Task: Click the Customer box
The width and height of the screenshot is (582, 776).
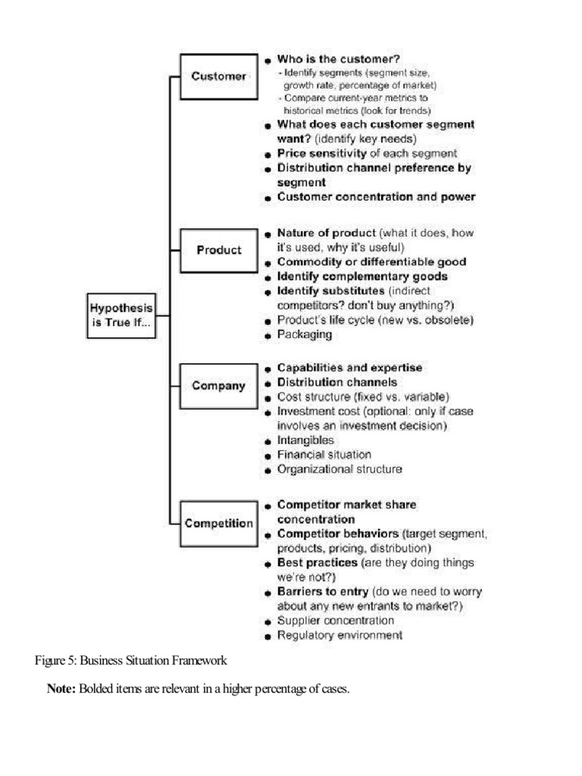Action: pos(218,77)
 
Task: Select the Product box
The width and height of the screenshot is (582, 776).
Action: pos(218,250)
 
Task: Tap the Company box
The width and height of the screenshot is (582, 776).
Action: pos(218,386)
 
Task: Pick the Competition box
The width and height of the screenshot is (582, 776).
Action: pos(218,523)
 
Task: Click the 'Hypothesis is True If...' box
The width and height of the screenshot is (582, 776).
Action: pos(121,315)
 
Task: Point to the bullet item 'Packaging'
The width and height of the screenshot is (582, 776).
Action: pos(304,334)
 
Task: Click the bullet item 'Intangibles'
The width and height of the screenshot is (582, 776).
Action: pos(305,440)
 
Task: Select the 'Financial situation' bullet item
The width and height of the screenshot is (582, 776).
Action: pos(324,455)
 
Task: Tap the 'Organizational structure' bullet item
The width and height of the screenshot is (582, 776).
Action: pos(339,469)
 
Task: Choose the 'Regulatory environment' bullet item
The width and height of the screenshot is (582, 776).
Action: pos(339,635)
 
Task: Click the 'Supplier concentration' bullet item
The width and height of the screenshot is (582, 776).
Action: pos(335,621)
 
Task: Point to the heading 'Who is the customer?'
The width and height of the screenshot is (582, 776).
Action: pos(338,59)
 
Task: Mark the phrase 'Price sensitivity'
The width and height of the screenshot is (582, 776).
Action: pos(322,153)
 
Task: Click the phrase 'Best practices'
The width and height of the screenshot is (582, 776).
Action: pos(318,563)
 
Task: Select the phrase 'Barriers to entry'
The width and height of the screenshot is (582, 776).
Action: pos(323,592)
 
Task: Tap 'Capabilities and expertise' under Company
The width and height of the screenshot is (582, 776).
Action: pos(349,368)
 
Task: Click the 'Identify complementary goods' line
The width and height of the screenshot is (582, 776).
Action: pos(361,277)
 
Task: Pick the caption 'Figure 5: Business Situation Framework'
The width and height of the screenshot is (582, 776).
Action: pos(131,660)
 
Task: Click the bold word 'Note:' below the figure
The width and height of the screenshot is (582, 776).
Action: pos(61,690)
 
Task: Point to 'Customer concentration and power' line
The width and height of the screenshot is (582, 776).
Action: pos(376,197)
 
